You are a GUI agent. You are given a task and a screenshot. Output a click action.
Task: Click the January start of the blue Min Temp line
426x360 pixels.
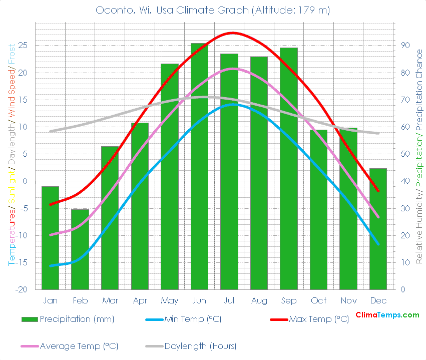51,265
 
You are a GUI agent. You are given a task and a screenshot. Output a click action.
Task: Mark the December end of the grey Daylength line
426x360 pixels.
378,133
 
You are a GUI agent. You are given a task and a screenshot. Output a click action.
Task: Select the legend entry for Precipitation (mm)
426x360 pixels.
68,319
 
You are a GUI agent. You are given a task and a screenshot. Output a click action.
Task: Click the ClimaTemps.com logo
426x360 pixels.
387,315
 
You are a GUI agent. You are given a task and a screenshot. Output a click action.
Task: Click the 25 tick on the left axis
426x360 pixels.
23,46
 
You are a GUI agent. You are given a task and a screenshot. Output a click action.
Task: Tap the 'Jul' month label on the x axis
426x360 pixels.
229,300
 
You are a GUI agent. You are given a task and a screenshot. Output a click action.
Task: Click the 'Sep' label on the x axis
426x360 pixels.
289,300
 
